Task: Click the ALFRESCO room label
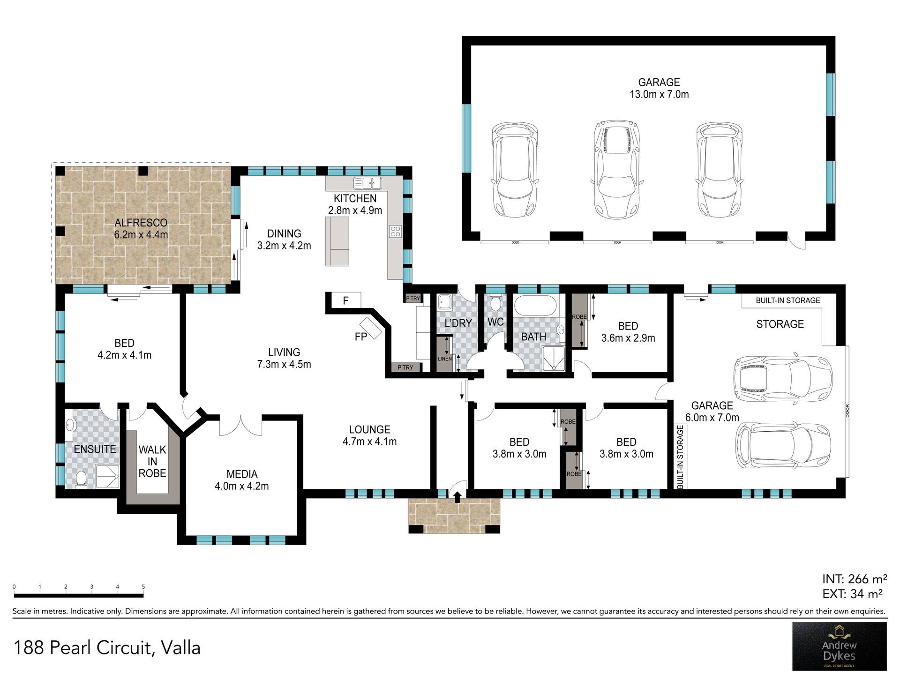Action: click(x=141, y=223)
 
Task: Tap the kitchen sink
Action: click(x=368, y=182)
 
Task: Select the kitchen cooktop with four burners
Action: click(x=395, y=231)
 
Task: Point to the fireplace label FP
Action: click(x=360, y=337)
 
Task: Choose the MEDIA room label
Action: click(x=242, y=474)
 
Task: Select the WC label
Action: click(x=495, y=322)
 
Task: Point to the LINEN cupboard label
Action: click(x=445, y=359)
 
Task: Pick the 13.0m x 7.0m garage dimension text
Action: click(x=659, y=94)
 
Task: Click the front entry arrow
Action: click(x=457, y=496)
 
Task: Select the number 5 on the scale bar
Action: click(x=143, y=586)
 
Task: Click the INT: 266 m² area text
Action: click(x=855, y=579)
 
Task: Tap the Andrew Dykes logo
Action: click(x=839, y=646)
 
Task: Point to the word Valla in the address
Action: click(x=180, y=648)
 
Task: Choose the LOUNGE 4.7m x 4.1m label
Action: click(x=369, y=435)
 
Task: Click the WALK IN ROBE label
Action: click(x=152, y=462)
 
